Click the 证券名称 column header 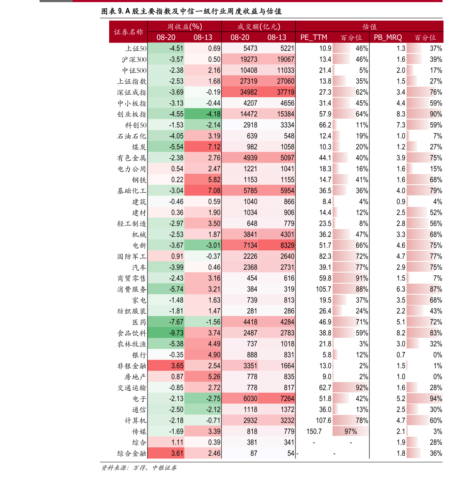128,32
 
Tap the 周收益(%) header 184,27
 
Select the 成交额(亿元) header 259,27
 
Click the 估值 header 369,27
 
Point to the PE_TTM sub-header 314,38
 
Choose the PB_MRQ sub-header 388,38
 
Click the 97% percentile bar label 350,431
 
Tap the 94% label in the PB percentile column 436,398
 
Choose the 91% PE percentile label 361,278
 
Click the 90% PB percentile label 436,114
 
